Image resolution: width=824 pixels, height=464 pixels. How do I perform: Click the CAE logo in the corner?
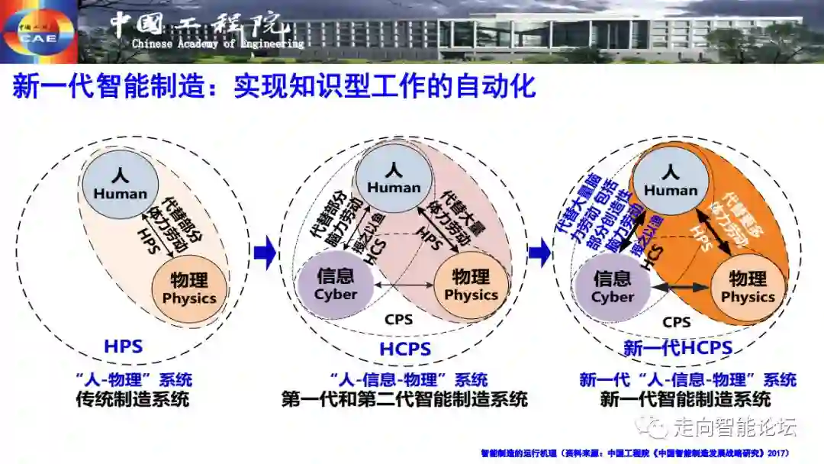pyautogui.click(x=37, y=31)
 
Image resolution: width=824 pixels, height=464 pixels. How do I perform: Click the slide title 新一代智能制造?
pyautogui.click(x=274, y=85)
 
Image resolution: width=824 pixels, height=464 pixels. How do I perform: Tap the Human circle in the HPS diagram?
pyautogui.click(x=121, y=185)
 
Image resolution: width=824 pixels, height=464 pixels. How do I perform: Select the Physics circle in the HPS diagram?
pyautogui.click(x=189, y=286)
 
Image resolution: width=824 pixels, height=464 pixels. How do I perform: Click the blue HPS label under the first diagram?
pyautogui.click(x=124, y=346)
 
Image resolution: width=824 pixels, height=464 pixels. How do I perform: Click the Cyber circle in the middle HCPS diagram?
pyautogui.click(x=336, y=284)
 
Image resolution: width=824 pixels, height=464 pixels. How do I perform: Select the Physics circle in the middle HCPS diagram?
pyautogui.click(x=471, y=285)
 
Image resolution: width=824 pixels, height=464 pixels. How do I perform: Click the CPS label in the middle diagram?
pyautogui.click(x=399, y=320)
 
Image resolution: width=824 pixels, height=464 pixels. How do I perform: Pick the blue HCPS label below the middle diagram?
pyautogui.click(x=405, y=350)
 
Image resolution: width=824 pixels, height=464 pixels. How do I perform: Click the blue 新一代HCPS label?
pyautogui.click(x=678, y=349)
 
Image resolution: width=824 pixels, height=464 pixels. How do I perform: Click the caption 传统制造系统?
pyautogui.click(x=133, y=398)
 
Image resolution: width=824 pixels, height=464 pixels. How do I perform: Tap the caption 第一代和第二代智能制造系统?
pyautogui.click(x=404, y=398)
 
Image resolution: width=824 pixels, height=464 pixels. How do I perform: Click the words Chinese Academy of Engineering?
pyautogui.click(x=217, y=44)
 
